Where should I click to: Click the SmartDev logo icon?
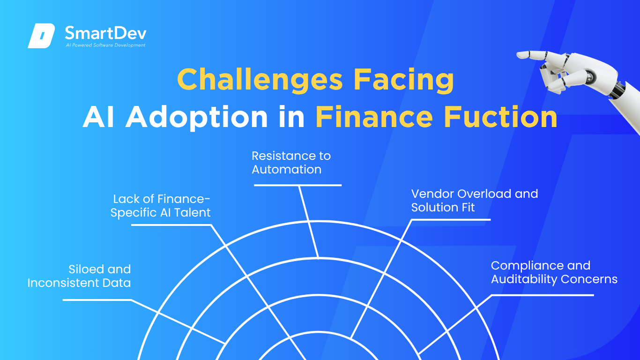(x=41, y=36)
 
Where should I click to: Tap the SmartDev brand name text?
(x=106, y=33)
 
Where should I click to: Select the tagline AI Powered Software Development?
(x=106, y=45)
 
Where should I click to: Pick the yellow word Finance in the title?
(x=374, y=117)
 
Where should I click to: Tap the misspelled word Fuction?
(x=500, y=117)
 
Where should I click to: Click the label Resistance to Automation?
(x=291, y=163)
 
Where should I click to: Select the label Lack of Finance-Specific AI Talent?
(x=161, y=206)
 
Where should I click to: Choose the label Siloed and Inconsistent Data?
(x=79, y=276)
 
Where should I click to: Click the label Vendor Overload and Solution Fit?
(x=475, y=201)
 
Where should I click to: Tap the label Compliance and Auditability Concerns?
(x=554, y=272)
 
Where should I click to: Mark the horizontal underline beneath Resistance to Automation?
(x=298, y=185)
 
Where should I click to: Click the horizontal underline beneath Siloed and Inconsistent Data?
(x=97, y=300)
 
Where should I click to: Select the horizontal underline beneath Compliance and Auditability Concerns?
(x=543, y=295)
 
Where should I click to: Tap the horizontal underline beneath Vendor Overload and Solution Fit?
(x=451, y=219)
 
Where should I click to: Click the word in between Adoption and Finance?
(x=292, y=117)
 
